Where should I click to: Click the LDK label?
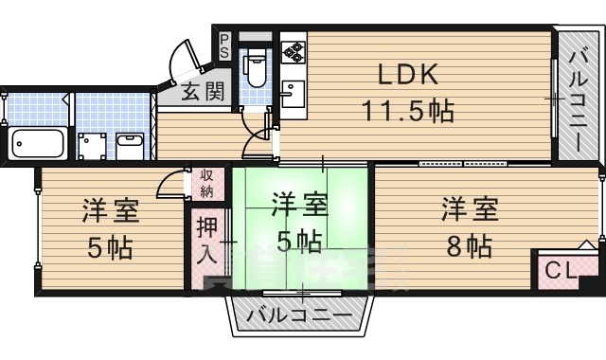tap(408, 73)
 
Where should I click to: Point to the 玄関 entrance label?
tap(202, 92)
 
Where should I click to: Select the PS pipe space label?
tap(224, 46)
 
